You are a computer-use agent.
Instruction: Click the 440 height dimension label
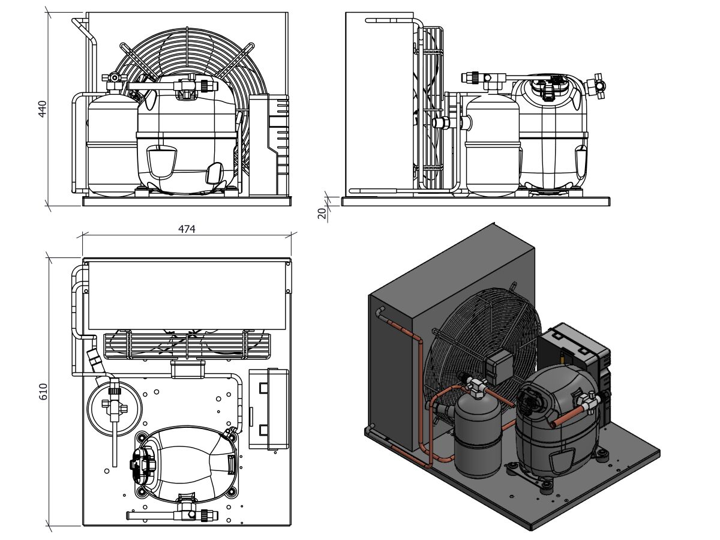point(43,109)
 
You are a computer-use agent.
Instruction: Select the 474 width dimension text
point(187,229)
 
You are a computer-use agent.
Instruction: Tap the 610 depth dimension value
point(43,391)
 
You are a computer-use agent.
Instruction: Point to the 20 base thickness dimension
point(322,212)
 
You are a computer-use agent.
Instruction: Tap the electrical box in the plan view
point(268,408)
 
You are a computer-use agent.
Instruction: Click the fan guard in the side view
point(432,108)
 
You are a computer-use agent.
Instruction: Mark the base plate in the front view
point(186,202)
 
